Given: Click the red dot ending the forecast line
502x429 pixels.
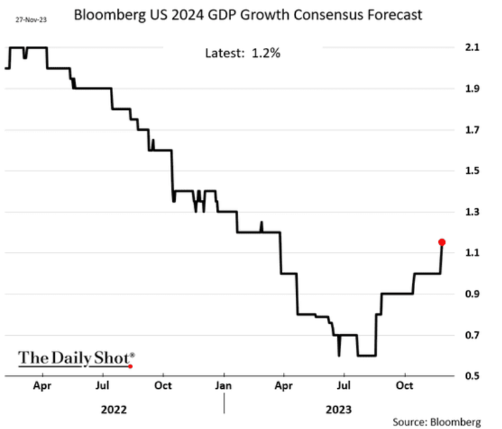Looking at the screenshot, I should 441,242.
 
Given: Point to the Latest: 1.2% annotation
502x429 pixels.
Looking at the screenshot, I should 243,53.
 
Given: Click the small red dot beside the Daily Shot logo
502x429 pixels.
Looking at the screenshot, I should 130,366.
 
